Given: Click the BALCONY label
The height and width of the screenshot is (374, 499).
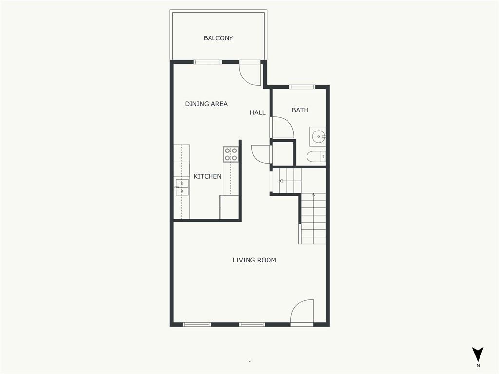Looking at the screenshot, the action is [218, 38].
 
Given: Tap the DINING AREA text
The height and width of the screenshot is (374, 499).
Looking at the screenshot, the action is [206, 104].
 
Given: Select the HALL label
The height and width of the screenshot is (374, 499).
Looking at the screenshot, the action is [257, 112].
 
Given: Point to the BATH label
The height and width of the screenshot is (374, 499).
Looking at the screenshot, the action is [300, 110].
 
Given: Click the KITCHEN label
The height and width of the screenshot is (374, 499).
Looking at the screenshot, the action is [208, 176].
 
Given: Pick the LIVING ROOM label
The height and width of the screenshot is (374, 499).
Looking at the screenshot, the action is [254, 260].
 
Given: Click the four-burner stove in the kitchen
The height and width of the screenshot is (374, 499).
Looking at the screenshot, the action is [230, 154].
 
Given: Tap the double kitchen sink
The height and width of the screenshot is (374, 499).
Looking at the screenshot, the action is [182, 187].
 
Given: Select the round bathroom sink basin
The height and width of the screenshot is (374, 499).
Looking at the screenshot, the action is [318, 137].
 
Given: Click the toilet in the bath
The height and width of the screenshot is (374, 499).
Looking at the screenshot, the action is [316, 156].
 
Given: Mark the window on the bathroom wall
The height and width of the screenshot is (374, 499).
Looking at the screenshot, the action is [302, 87].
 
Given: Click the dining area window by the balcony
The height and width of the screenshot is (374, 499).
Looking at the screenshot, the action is [208, 62].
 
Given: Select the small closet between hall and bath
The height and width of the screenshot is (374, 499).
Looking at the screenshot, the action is [283, 153].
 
